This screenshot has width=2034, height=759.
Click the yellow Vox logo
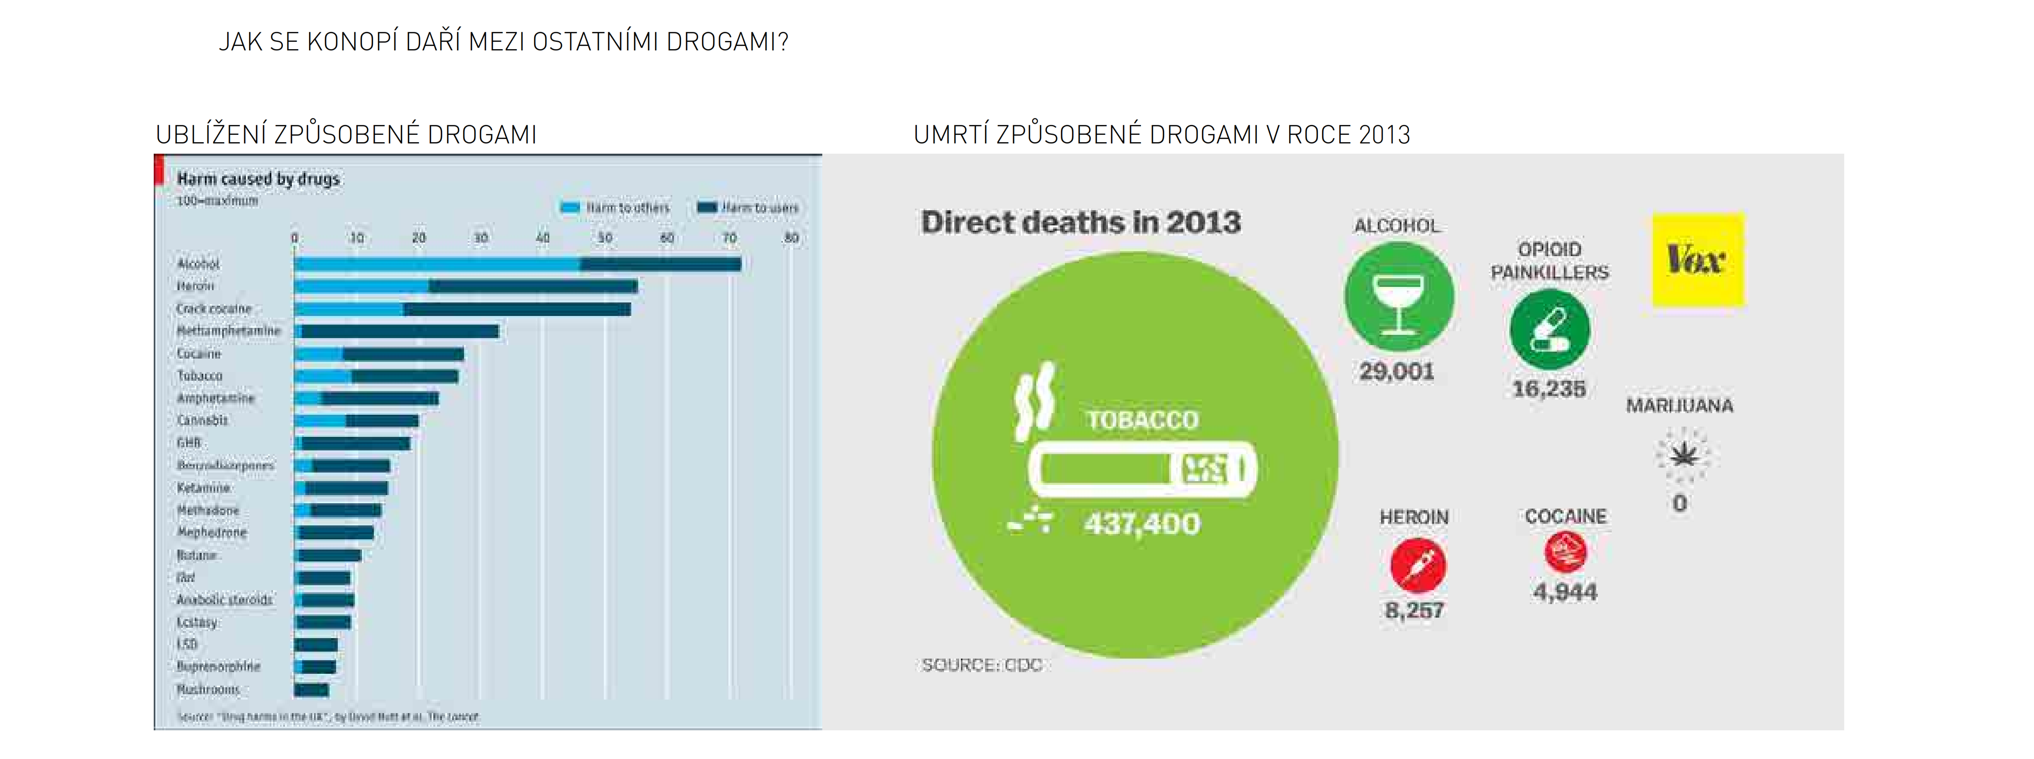(x=1697, y=259)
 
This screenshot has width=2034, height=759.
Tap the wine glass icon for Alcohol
(x=1398, y=298)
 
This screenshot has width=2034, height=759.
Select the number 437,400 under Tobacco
(x=1142, y=524)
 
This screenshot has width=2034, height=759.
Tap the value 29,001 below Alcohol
(x=1396, y=371)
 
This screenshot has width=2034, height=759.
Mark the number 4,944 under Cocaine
(x=1565, y=592)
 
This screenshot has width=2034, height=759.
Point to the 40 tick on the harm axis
(x=542, y=238)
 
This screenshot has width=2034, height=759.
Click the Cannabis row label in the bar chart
(x=202, y=420)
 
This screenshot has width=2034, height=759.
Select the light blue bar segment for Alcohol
(x=437, y=264)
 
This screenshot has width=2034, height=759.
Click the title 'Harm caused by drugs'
(x=258, y=179)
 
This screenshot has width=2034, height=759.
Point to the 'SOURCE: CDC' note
(x=981, y=665)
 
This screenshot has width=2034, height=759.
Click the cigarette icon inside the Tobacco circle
(x=1142, y=469)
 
